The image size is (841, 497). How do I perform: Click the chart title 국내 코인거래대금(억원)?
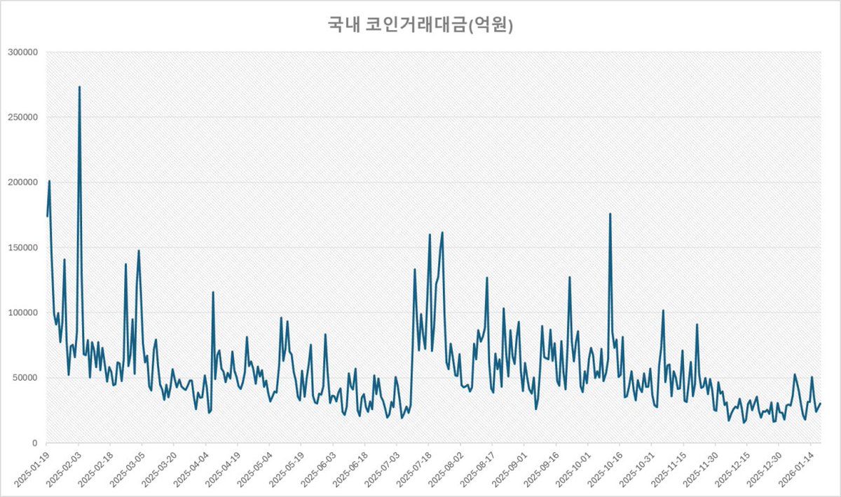[420, 26]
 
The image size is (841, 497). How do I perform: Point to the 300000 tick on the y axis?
[24, 52]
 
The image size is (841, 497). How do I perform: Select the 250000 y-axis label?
[24, 117]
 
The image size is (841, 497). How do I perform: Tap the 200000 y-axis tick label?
[24, 182]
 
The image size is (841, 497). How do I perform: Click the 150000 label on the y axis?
[24, 247]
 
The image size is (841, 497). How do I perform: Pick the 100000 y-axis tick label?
[24, 313]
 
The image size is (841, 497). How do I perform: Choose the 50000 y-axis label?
[26, 378]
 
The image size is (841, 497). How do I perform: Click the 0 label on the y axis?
[34, 443]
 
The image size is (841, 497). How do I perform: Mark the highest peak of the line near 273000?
[79, 87]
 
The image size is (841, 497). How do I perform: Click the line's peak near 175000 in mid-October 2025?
[610, 214]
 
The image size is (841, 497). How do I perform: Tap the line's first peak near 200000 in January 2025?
[49, 181]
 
